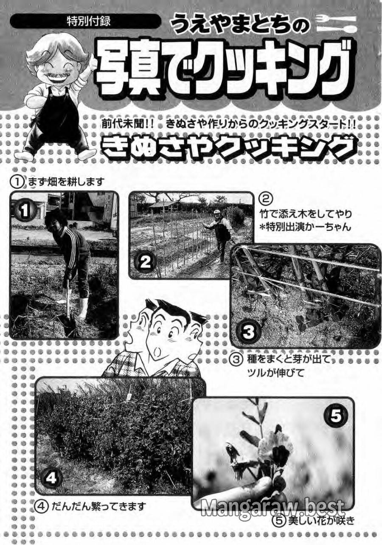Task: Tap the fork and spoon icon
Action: tap(337, 24)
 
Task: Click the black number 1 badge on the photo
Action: tap(25, 210)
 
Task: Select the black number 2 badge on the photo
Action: tap(145, 262)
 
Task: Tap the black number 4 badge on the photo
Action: tap(51, 478)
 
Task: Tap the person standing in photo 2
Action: tap(221, 233)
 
